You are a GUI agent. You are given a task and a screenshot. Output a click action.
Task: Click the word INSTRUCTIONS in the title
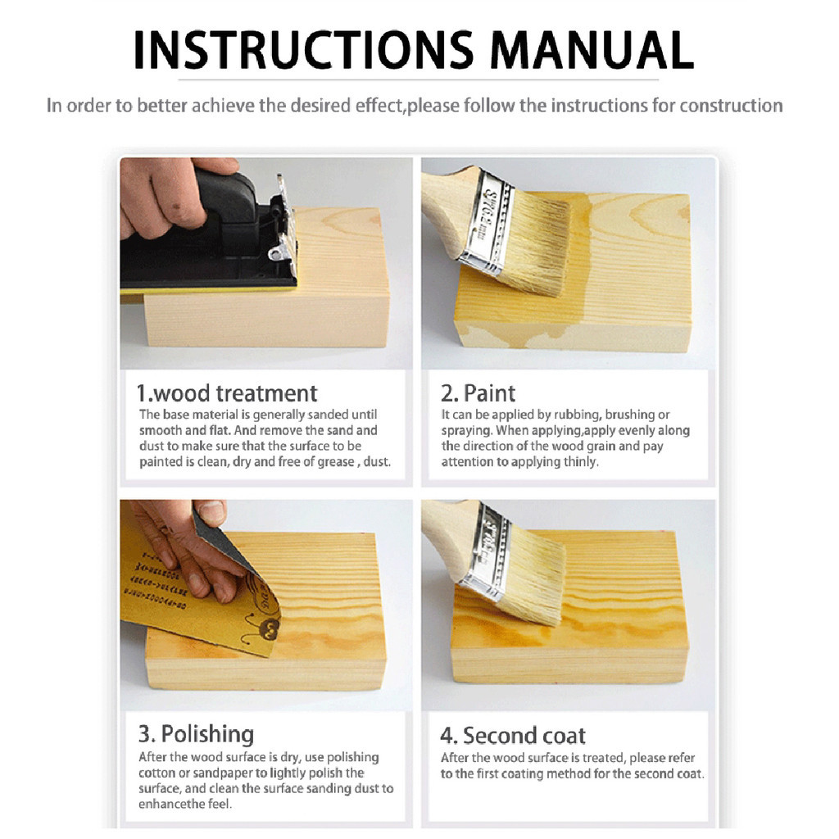click(x=304, y=50)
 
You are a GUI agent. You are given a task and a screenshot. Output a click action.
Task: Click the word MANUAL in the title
click(x=592, y=50)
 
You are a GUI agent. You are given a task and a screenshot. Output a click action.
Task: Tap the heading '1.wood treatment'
click(x=227, y=393)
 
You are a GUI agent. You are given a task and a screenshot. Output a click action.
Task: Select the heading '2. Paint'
click(x=478, y=393)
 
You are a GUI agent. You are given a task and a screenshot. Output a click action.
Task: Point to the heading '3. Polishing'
click(x=197, y=734)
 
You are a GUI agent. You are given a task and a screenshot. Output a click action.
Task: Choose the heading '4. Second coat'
click(x=513, y=736)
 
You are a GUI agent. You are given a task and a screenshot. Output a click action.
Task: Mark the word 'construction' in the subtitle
click(x=731, y=106)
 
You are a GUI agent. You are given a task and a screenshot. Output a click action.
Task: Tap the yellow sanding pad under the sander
click(x=209, y=289)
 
